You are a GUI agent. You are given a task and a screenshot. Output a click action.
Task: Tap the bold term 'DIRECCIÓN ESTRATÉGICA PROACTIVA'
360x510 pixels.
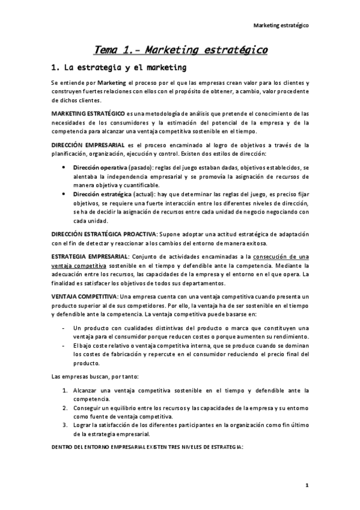(x=103, y=233)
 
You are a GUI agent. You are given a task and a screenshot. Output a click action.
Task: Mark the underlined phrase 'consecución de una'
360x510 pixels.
(x=283, y=257)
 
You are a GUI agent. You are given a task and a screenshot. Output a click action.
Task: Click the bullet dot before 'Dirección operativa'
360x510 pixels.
(x=64, y=167)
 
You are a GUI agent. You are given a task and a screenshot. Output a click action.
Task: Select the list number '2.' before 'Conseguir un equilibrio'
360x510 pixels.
(x=65, y=408)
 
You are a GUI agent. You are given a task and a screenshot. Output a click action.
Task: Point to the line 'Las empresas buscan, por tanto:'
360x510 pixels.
(x=95, y=376)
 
